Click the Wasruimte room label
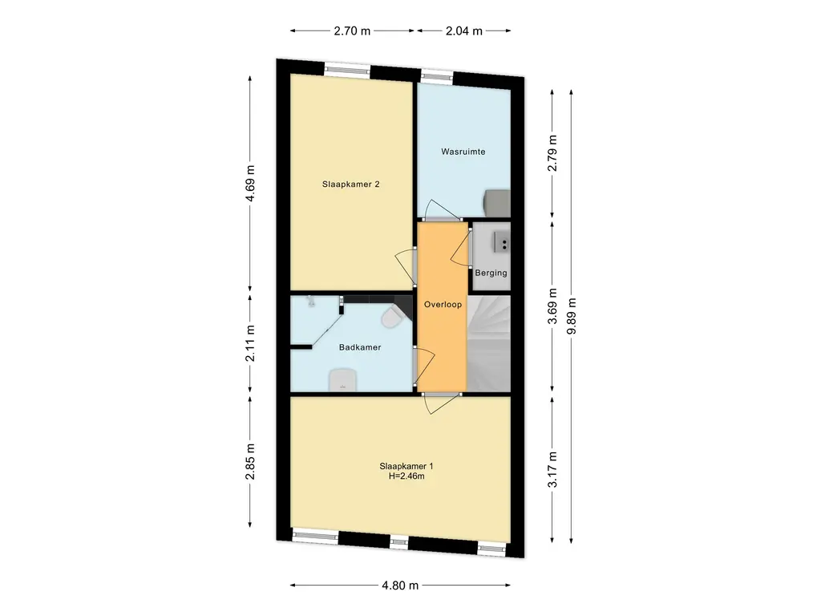463,152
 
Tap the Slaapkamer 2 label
351,184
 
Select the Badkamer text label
360,347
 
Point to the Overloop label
443,304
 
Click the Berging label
491,273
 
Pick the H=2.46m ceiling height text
406,476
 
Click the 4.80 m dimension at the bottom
400,586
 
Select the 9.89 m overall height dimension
571,316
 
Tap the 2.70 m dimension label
353,31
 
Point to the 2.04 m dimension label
464,31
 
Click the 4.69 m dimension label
250,184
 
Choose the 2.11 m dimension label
250,343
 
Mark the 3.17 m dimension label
552,469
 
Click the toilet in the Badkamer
391,318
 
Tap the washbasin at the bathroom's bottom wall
343,379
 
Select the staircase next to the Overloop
489,343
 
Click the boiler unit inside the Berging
501,242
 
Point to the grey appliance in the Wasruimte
497,203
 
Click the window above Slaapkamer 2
347,70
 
